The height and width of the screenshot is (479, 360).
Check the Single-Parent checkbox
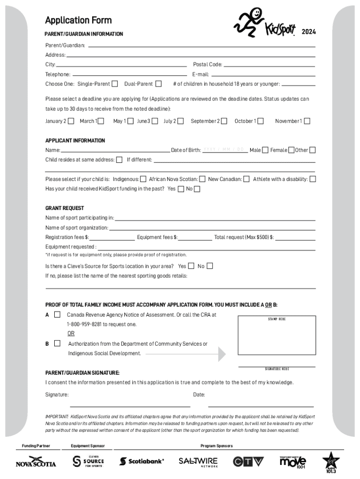[x=115, y=84]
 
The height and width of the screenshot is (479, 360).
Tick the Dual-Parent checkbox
[x=158, y=84]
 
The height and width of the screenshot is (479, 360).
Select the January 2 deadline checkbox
[x=71, y=121]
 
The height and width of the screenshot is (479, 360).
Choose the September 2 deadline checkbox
[x=225, y=121]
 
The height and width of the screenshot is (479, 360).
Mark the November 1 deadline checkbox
[x=307, y=121]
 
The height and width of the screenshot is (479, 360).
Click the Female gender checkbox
[x=291, y=150]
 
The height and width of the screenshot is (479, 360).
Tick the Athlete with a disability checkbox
[x=313, y=179]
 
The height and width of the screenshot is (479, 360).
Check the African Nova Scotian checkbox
[x=202, y=179]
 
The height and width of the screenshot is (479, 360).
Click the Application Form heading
[x=78, y=20]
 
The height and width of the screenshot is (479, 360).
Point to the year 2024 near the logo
[x=309, y=32]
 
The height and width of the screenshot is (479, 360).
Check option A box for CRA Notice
[x=57, y=315]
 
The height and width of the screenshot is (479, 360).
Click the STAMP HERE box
[x=276, y=336]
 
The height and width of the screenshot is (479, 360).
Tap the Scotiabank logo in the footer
[x=142, y=461]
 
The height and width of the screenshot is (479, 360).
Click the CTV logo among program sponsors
[x=248, y=462]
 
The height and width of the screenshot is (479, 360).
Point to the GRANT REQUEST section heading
[x=65, y=208]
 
